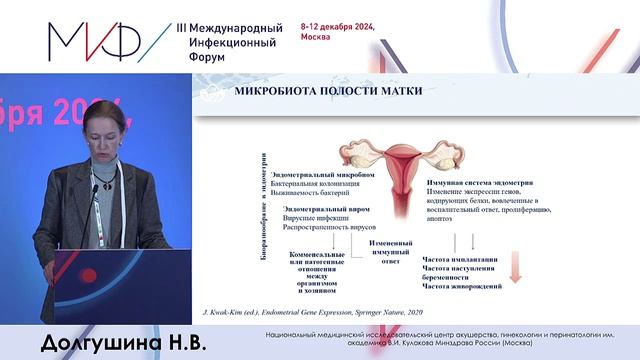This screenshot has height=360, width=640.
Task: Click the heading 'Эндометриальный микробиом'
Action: [302, 175]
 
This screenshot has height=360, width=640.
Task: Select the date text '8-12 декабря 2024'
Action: [337, 27]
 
